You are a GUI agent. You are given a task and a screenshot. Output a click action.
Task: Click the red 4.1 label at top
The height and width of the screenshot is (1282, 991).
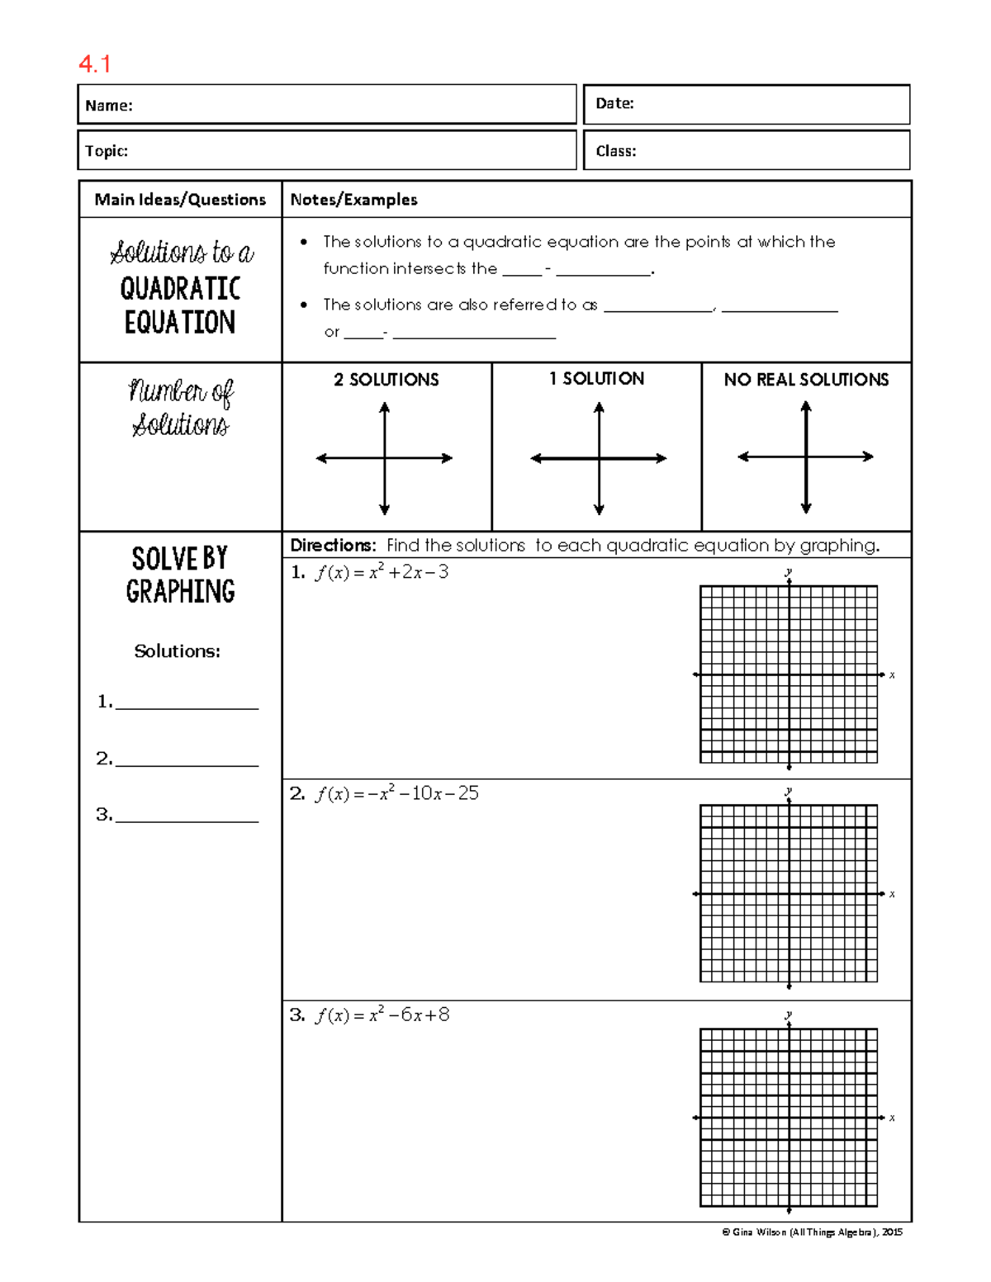(94, 64)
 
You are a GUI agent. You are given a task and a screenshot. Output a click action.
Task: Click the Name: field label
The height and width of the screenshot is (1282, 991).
(109, 106)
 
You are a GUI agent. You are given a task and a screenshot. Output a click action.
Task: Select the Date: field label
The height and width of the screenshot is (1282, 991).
(614, 103)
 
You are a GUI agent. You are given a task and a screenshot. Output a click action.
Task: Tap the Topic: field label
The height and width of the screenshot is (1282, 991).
(107, 151)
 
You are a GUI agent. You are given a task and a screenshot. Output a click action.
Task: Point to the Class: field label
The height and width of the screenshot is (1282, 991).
(616, 151)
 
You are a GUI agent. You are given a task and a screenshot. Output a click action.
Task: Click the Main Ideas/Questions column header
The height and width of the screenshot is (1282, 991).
(180, 200)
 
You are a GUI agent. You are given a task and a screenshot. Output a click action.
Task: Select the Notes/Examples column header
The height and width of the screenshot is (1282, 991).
(353, 200)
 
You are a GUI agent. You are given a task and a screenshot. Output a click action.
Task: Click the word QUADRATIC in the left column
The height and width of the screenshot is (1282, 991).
(180, 289)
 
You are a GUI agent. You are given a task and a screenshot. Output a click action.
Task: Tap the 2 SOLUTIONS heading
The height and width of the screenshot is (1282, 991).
(386, 380)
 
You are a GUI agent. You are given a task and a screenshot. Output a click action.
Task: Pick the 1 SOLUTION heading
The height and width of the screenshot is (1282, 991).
(596, 379)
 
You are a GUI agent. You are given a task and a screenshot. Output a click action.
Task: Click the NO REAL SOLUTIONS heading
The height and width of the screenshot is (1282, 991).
(806, 380)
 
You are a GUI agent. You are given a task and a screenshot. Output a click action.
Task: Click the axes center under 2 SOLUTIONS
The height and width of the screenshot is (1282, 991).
(385, 458)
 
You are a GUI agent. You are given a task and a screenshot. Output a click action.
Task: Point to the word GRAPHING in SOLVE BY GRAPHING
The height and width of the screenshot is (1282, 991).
(180, 591)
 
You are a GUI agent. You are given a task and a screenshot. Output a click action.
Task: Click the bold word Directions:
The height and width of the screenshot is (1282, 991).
(333, 546)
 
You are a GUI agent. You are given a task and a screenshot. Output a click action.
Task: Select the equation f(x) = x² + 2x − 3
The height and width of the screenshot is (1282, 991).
(381, 573)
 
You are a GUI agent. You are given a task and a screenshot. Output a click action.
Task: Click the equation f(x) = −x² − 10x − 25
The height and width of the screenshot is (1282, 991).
(396, 794)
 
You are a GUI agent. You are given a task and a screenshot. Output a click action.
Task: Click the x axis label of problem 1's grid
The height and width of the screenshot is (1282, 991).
(892, 675)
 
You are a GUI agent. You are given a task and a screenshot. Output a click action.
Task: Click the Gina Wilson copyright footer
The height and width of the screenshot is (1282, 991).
(812, 1232)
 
